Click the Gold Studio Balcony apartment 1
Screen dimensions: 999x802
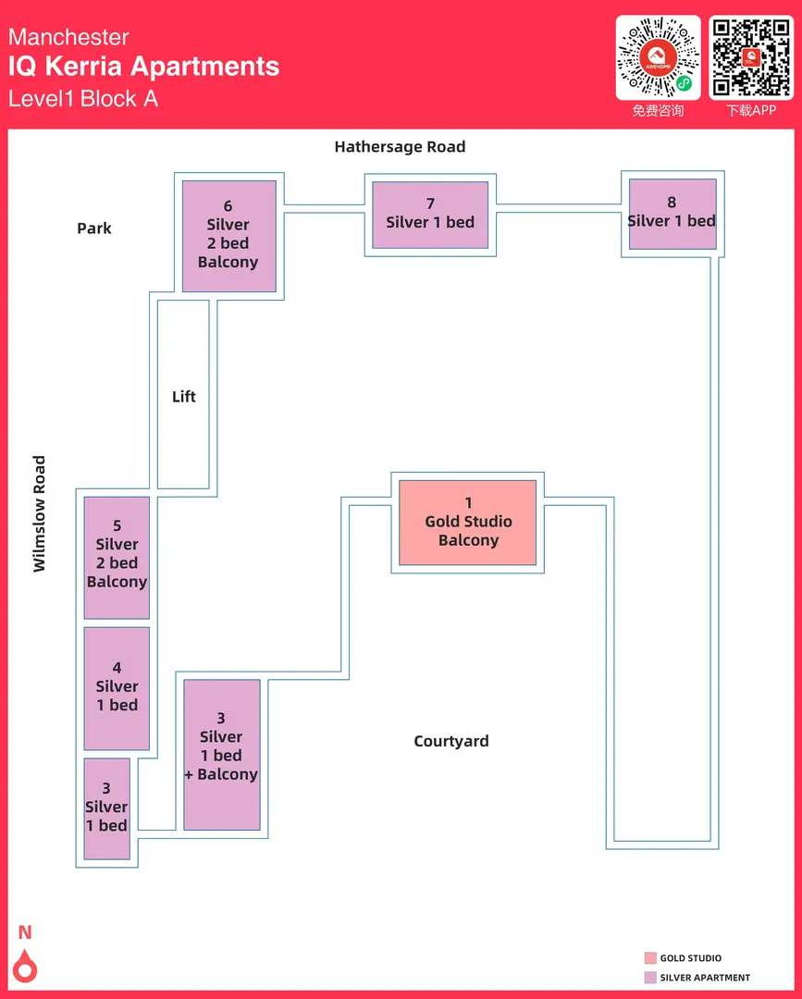tap(467, 522)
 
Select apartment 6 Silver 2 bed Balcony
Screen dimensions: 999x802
tap(228, 236)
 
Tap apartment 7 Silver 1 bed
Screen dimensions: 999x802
tap(430, 215)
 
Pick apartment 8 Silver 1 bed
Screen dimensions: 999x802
tap(672, 214)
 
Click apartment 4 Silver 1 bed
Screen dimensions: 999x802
tap(117, 687)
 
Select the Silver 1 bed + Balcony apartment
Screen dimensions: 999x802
tap(221, 754)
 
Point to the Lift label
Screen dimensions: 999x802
tap(184, 397)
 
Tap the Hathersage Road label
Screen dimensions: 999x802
tap(400, 147)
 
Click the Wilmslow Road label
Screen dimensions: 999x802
tap(39, 513)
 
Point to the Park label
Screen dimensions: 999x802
tap(94, 228)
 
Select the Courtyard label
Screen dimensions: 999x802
tap(451, 741)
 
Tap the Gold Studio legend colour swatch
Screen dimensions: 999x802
tap(650, 958)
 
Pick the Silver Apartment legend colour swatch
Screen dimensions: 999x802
tap(650, 977)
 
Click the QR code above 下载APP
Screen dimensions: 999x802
tap(750, 57)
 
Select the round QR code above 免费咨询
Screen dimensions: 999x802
tap(659, 57)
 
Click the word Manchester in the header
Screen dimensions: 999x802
tap(68, 37)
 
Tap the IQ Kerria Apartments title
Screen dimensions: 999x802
tap(143, 67)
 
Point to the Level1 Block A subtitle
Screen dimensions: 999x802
tap(83, 98)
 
